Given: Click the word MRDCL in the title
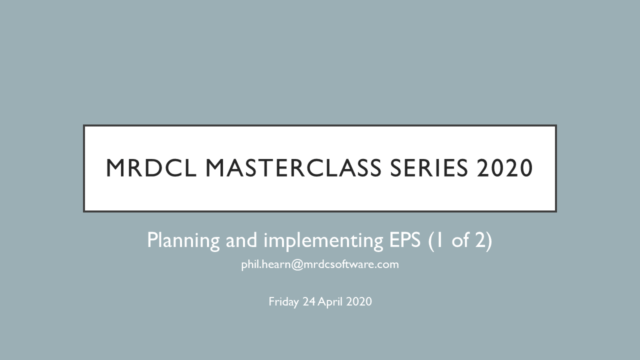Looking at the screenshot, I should (x=140, y=169).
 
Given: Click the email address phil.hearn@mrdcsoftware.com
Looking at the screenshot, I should (x=320, y=265).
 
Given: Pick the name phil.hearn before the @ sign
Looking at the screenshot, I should (x=268, y=265).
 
